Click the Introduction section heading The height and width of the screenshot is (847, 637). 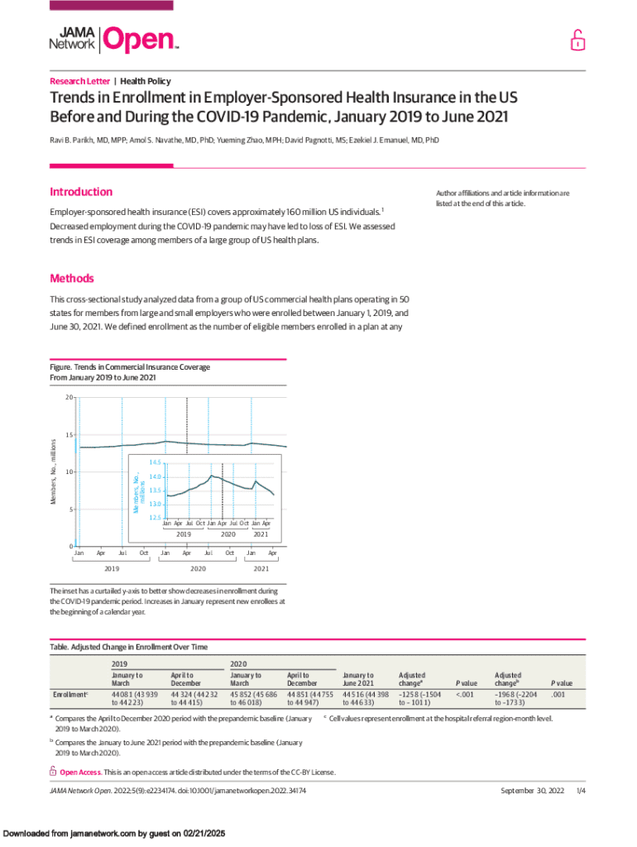click(81, 192)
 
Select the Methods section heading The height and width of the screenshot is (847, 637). click(72, 279)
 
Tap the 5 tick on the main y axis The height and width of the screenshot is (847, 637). click(69, 510)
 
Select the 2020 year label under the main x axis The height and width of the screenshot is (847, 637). click(198, 569)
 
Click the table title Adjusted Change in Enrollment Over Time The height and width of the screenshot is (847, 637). click(129, 646)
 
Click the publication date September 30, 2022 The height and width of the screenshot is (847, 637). click(532, 791)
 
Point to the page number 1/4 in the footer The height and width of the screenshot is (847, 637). click(581, 791)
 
